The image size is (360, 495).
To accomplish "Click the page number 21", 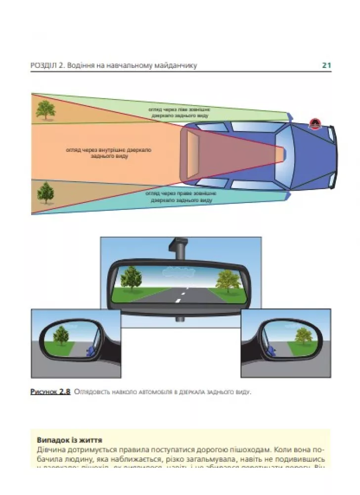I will (326, 65).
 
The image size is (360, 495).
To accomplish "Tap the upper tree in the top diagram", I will (45, 110).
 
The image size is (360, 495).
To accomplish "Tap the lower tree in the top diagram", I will (45, 192).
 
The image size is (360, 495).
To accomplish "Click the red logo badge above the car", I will (314, 124).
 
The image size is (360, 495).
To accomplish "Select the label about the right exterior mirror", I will (179, 197).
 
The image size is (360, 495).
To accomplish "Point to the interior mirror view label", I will (108, 152).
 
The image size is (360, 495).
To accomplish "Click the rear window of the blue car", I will (193, 153).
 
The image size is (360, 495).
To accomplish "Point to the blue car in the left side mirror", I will (90, 352).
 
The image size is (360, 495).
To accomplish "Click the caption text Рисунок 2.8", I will (50, 392).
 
